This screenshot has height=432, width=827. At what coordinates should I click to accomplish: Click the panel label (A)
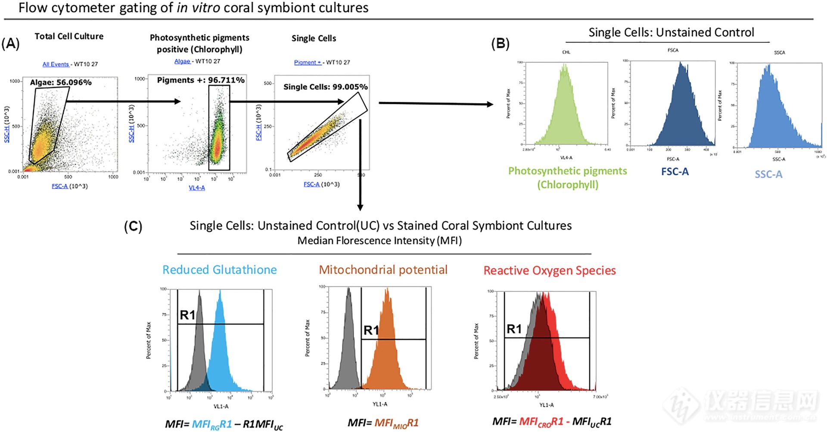[10, 44]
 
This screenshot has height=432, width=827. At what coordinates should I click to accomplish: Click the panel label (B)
[500, 44]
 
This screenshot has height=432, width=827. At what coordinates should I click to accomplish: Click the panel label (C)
[133, 226]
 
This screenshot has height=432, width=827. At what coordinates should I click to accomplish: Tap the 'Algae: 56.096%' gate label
[61, 82]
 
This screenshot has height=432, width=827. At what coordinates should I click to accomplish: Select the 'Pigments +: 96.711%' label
[201, 80]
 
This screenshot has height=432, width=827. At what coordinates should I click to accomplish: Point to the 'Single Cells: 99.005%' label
[325, 87]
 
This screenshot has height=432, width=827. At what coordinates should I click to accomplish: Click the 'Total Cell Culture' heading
[69, 36]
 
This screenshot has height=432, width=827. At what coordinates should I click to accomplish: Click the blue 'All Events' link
[56, 64]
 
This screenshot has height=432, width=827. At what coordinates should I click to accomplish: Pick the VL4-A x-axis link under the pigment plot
[197, 188]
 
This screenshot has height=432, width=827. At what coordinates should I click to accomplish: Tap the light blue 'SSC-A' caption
[768, 175]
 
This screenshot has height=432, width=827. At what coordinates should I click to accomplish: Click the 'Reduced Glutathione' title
[219, 270]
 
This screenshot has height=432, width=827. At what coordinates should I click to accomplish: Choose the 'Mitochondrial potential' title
[383, 270]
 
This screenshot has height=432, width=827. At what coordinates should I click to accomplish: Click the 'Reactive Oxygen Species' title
[550, 271]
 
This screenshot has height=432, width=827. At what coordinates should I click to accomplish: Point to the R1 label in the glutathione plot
[187, 315]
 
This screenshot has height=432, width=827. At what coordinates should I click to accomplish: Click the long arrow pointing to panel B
[435, 103]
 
